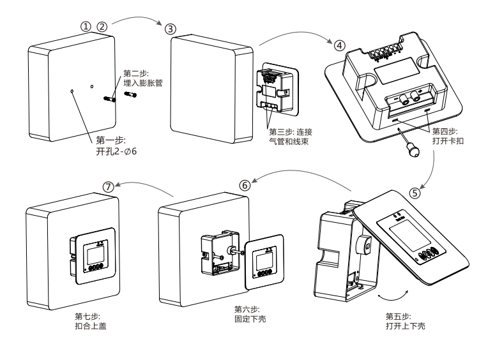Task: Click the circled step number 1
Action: click(x=85, y=26)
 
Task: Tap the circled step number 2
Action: click(x=102, y=26)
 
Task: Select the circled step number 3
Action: click(x=169, y=29)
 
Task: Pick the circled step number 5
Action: click(x=415, y=191)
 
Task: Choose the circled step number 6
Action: click(x=244, y=183)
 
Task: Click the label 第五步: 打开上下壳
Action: click(x=406, y=320)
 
